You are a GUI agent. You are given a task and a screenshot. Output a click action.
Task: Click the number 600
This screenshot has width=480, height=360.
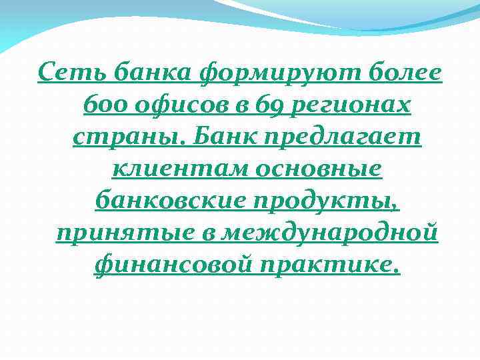101,104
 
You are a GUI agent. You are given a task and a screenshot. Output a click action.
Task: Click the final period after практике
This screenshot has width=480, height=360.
398,271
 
